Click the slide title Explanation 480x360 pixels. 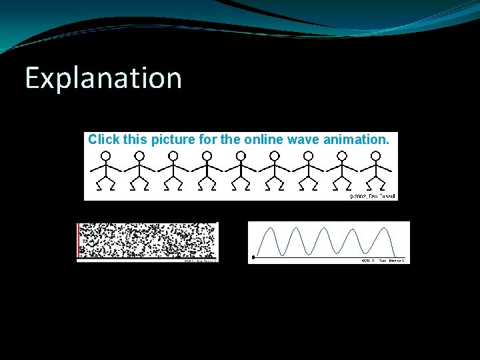pos(103,78)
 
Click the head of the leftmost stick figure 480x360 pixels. pos(105,155)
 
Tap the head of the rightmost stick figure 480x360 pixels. pos(376,155)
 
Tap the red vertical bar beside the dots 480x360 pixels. pos(79,240)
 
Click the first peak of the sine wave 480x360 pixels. pos(269,229)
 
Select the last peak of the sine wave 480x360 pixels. pos(385,229)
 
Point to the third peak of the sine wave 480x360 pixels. pos(326,229)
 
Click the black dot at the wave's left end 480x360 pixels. pos(253,257)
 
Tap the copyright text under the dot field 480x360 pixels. pos(199,261)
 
